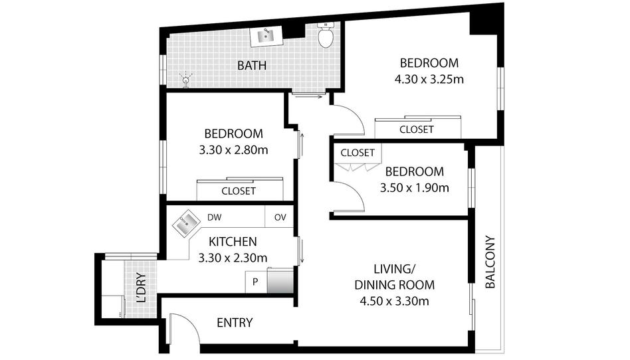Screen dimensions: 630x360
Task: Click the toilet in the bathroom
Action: coord(326,35)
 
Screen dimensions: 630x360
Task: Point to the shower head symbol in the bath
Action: coord(185,79)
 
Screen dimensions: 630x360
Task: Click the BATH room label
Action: coord(252,65)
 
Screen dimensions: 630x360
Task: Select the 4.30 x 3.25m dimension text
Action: coord(429,79)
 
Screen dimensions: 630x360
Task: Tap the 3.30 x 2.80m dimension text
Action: coord(233,150)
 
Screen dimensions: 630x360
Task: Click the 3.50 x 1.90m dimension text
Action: coord(415,187)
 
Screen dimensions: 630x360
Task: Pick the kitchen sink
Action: coord(186,223)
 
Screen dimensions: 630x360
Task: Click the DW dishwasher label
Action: coord(215,217)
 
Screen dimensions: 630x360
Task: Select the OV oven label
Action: coord(280,217)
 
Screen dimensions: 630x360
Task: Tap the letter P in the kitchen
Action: coord(255,282)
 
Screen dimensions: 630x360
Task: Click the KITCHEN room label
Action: coord(233,242)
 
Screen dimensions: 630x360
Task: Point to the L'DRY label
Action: coord(141,288)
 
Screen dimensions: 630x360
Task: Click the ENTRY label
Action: coord(235,323)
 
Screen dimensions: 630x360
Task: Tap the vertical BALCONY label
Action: coord(490,262)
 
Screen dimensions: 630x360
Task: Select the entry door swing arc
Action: coord(189,319)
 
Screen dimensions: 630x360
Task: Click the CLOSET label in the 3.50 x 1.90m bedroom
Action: coord(358,153)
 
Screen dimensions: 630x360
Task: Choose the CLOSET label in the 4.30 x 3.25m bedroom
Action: coord(417,130)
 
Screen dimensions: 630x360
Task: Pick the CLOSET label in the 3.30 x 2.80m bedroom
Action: coord(239,191)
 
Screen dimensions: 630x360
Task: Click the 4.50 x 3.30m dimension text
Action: coord(395,301)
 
